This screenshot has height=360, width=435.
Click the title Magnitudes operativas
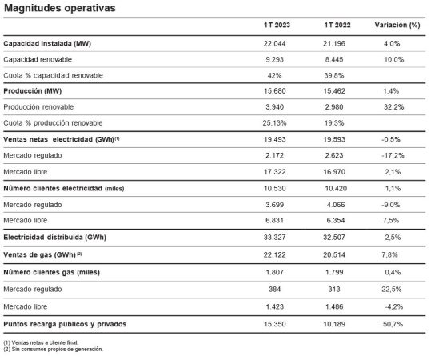(x=59, y=8)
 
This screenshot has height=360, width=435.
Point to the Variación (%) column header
(x=397, y=26)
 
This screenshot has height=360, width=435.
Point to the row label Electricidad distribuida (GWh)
(x=56, y=238)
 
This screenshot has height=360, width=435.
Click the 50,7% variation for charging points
(x=397, y=323)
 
